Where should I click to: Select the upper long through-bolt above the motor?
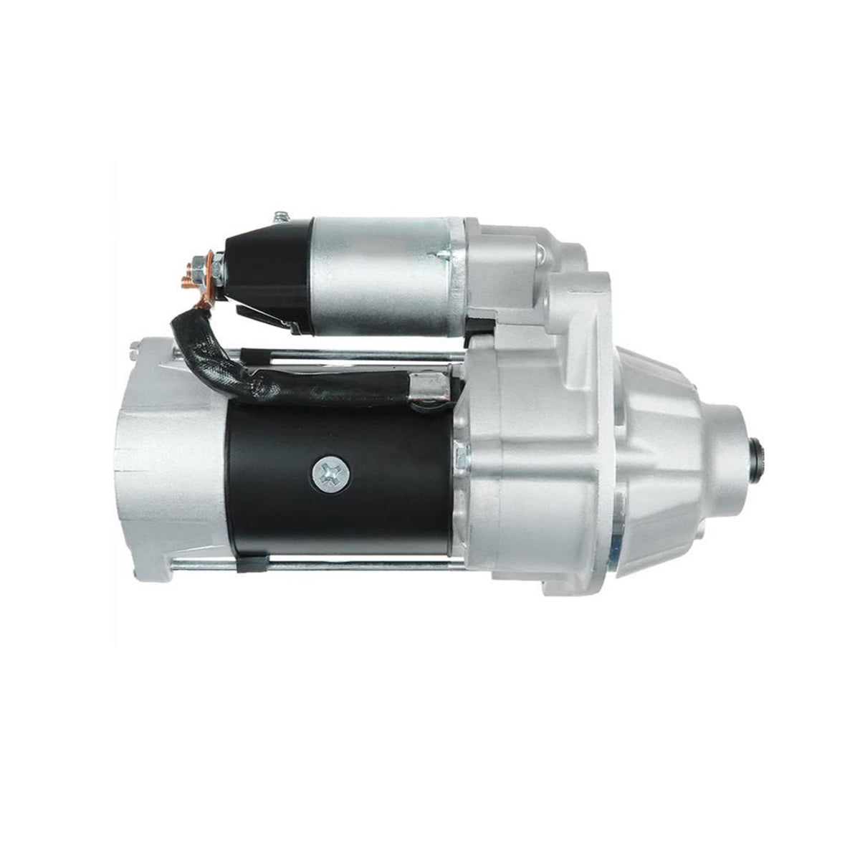(344, 353)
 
